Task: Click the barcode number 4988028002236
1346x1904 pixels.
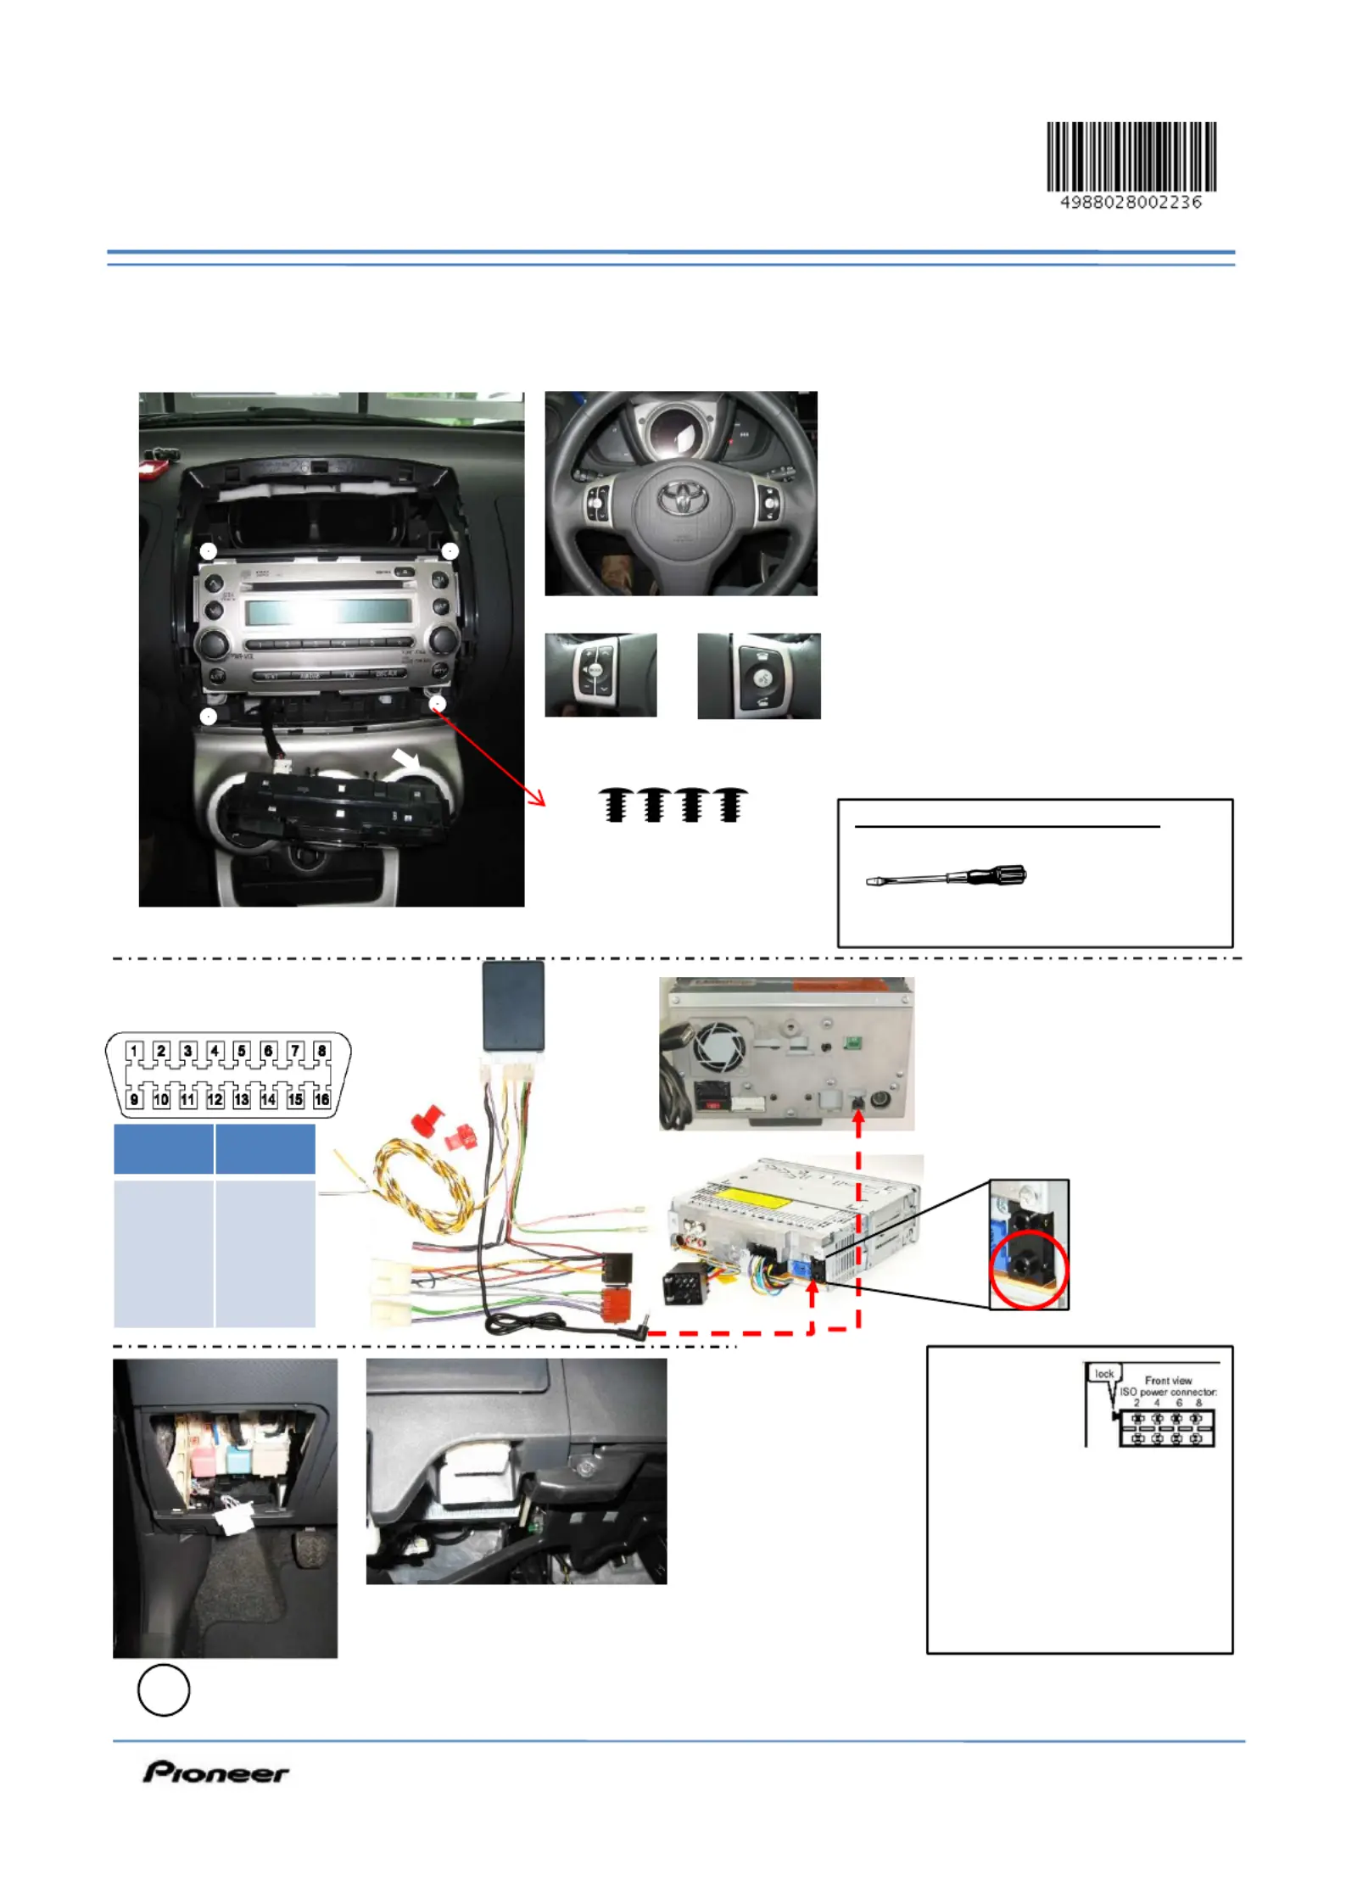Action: pyautogui.click(x=1131, y=203)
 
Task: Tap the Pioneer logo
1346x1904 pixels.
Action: pyautogui.click(x=215, y=1772)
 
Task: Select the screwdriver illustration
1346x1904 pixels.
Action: pyautogui.click(x=947, y=876)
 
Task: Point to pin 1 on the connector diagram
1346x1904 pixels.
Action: pyautogui.click(x=134, y=1051)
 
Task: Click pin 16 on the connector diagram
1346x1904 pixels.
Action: pyautogui.click(x=321, y=1099)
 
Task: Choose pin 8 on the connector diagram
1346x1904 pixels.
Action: pyautogui.click(x=321, y=1051)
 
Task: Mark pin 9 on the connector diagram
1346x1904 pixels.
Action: pyautogui.click(x=134, y=1099)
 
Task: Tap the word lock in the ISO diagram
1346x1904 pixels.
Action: pyautogui.click(x=1103, y=1373)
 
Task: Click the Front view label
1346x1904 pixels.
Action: pyautogui.click(x=1168, y=1381)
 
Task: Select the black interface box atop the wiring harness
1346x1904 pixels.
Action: pyautogui.click(x=513, y=1005)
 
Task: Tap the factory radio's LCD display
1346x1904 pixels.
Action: pyautogui.click(x=328, y=611)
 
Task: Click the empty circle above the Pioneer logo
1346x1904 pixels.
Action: pyautogui.click(x=164, y=1689)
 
